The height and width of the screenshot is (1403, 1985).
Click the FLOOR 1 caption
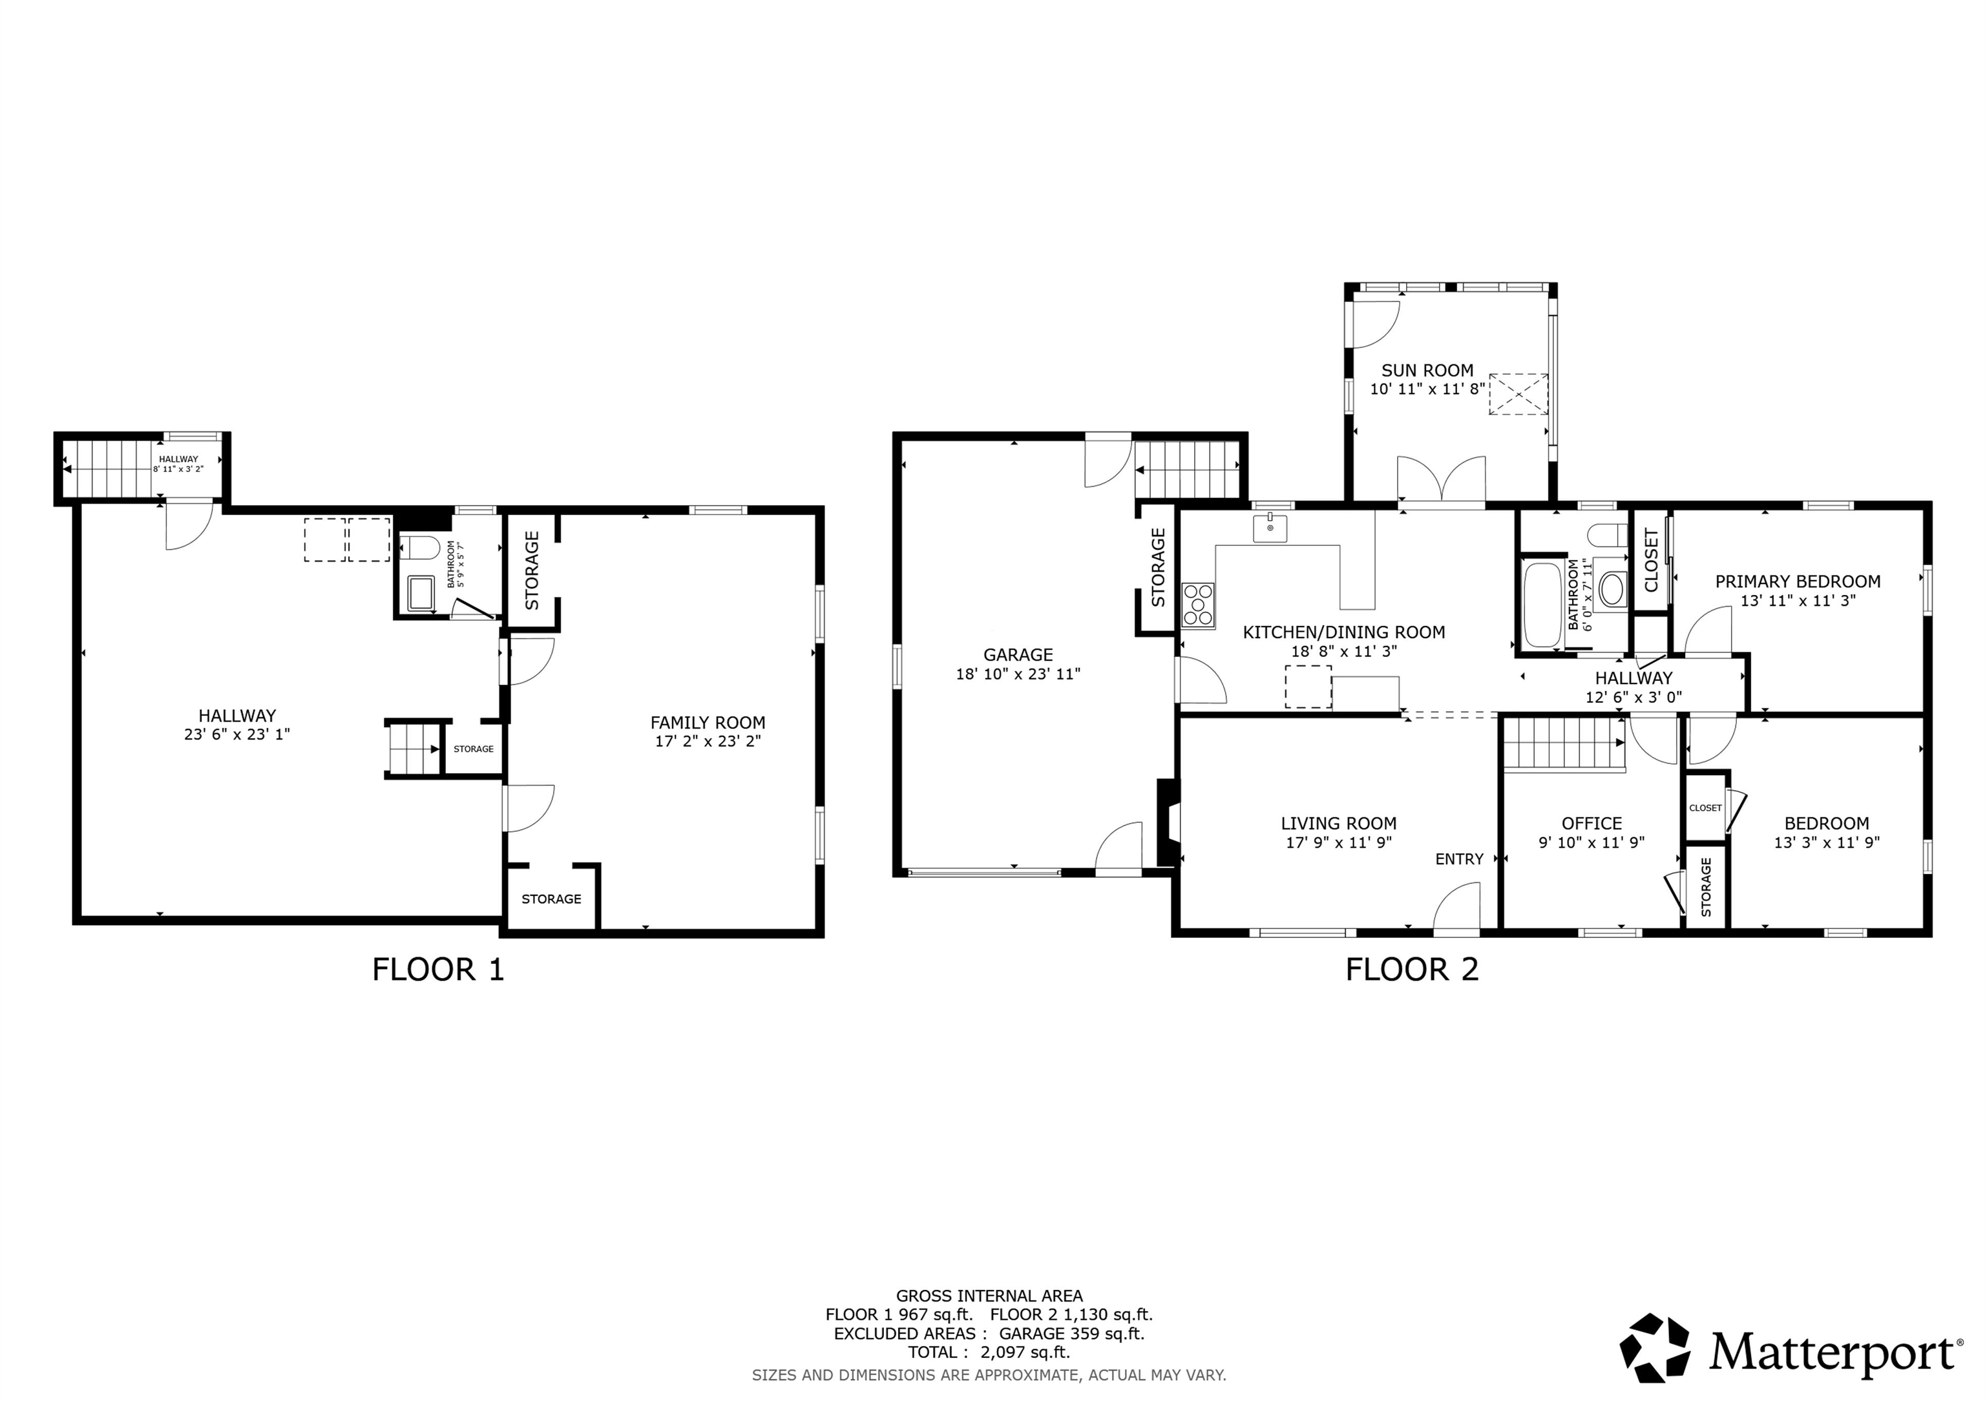437,969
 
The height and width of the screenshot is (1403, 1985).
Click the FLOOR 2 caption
1412,969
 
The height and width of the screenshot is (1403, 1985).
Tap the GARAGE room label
1018,654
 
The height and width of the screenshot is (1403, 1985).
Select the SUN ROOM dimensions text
1427,389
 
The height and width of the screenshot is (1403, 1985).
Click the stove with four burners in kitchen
1198,604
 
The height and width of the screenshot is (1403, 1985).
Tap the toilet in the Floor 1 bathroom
424,548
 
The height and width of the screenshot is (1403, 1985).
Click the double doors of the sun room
1441,480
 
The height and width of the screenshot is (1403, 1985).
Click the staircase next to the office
1563,743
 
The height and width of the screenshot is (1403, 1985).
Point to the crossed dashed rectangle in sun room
1518,394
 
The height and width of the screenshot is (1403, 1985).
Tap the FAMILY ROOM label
707,722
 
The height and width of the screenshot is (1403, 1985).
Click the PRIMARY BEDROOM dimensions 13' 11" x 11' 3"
1798,600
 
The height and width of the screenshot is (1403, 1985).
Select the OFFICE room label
1591,823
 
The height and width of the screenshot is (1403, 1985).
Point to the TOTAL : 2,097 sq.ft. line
988,1352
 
